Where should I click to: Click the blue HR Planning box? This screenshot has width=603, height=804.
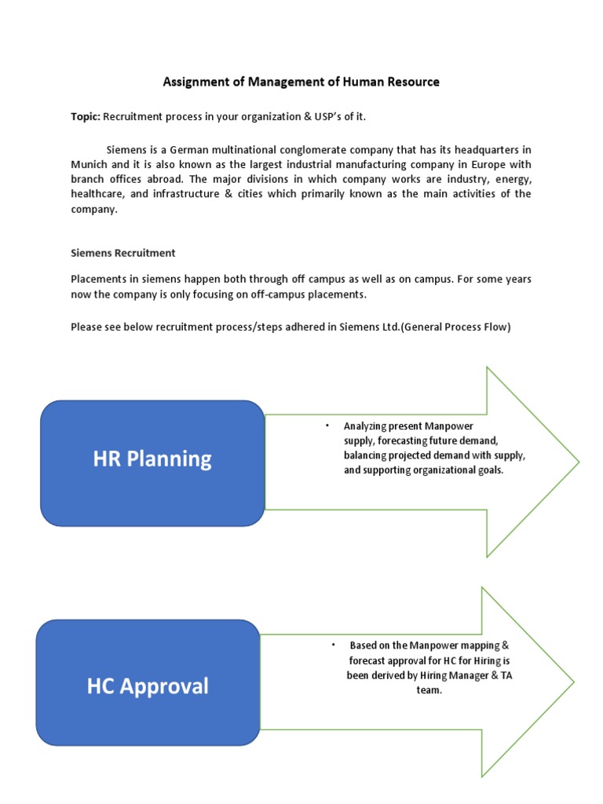pos(152,462)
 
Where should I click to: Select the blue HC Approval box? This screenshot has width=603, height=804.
pos(148,682)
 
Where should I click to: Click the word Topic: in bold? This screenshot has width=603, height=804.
pos(86,117)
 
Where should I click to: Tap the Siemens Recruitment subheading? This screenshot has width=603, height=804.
pos(123,253)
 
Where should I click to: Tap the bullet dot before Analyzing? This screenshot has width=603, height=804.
pos(327,426)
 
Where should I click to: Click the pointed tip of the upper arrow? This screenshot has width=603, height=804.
pos(578,462)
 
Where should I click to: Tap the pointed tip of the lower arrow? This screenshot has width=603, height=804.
pos(573,682)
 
